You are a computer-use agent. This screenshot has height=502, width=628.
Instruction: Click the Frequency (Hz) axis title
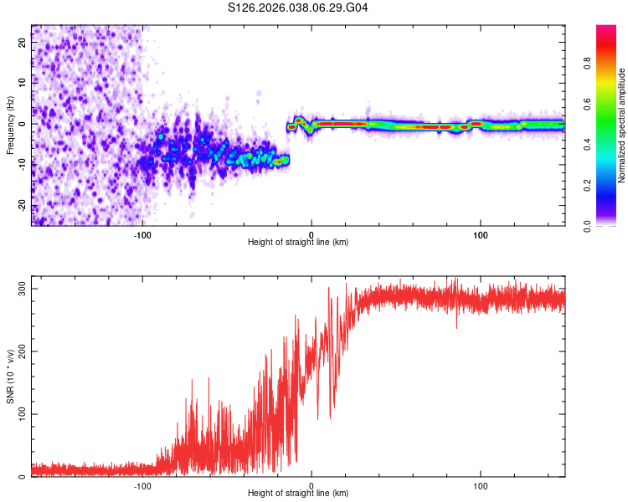[x=10, y=125]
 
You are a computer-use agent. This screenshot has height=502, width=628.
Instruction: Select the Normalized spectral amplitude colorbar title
[x=623, y=125]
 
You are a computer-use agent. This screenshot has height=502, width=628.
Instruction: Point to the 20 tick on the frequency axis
[x=23, y=41]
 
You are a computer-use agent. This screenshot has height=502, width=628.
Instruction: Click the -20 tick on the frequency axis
[x=23, y=206]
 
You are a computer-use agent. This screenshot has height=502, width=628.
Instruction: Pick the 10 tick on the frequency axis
[x=23, y=82]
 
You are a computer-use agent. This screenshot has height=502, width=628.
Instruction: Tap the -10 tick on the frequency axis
[x=23, y=165]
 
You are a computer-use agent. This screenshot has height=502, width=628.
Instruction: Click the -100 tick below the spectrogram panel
[x=142, y=235]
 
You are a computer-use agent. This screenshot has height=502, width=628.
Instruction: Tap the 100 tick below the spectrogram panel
[x=481, y=235]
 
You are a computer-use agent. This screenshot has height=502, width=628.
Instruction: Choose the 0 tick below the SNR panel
[x=311, y=486]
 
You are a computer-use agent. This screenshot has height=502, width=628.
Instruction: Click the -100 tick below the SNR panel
[x=142, y=486]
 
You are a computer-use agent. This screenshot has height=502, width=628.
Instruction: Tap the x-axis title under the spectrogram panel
[x=298, y=243]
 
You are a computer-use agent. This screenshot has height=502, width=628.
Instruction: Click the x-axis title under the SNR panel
[x=298, y=494]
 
